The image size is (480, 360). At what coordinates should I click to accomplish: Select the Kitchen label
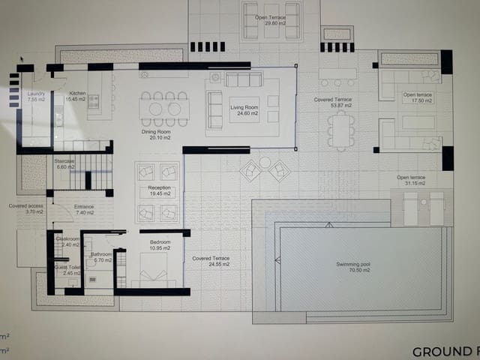77,93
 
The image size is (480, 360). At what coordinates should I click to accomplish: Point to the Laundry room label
36,93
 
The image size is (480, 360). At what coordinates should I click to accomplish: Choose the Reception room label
159,187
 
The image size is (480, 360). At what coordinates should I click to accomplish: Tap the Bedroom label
159,242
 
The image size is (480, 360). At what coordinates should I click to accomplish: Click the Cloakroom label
69,238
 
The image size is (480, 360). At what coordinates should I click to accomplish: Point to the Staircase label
64,160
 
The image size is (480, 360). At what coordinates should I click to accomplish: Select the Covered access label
25,206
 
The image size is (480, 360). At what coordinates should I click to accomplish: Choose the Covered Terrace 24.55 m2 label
210,259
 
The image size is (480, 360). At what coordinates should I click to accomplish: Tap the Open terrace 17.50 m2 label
418,94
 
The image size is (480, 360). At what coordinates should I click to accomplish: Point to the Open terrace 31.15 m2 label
411,178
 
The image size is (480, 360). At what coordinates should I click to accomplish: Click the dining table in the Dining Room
164,109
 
